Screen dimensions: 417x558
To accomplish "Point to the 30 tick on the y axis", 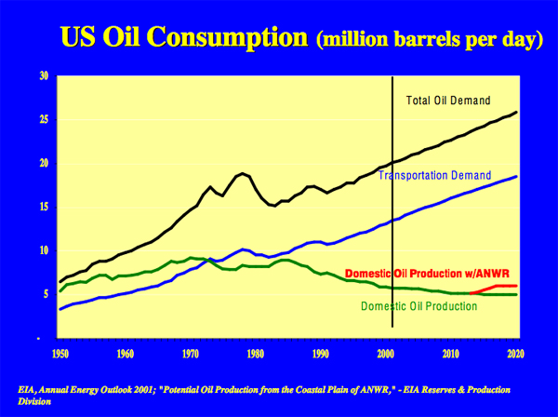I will [x=43, y=75].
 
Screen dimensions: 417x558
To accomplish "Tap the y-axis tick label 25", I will [x=43, y=119].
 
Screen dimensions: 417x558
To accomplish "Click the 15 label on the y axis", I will [x=43, y=207].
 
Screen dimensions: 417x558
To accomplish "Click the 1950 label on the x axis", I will [x=60, y=354].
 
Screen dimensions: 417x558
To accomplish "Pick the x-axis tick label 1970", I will [x=189, y=354].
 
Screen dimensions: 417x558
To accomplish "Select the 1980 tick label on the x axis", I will [x=254, y=354].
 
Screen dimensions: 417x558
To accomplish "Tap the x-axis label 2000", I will [x=385, y=354].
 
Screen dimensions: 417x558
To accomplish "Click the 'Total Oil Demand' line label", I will [x=448, y=101].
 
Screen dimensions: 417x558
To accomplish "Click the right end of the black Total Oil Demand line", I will [x=517, y=113].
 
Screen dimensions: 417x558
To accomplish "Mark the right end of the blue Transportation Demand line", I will [x=517, y=177].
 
